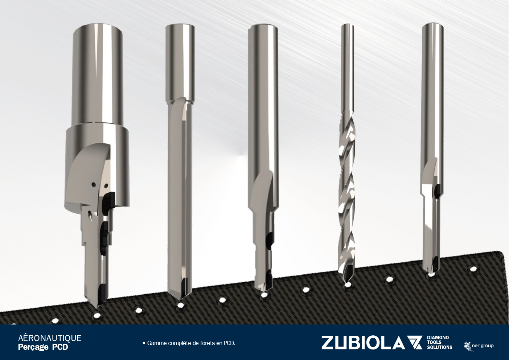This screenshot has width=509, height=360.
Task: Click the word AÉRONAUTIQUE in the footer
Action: [50, 338]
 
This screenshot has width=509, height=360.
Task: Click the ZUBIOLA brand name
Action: [363, 343]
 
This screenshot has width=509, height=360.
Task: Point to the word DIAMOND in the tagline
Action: [438, 338]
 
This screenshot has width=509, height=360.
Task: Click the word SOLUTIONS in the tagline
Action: [439, 348]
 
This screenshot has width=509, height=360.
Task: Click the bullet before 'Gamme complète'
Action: [144, 343]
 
